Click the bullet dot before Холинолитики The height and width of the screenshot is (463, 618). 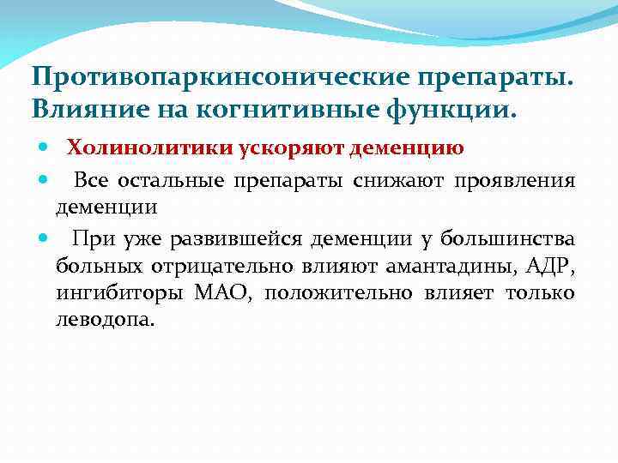(43, 148)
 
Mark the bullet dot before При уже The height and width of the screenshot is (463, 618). (43, 238)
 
